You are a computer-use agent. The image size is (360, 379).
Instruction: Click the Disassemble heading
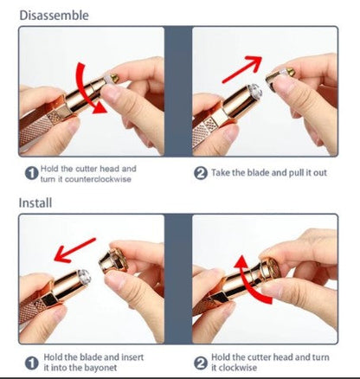(54, 16)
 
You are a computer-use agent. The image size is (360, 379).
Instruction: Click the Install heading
(35, 202)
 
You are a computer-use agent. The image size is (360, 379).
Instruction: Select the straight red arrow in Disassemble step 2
(241, 69)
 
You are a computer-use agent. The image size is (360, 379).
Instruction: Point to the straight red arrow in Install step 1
(74, 250)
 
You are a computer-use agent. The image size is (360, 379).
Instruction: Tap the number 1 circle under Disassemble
(31, 174)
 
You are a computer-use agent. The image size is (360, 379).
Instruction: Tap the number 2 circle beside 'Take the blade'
(201, 173)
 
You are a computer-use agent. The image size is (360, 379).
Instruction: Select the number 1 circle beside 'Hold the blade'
(31, 363)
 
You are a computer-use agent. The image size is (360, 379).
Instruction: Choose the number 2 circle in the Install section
(201, 363)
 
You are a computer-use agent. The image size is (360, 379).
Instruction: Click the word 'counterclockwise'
(98, 179)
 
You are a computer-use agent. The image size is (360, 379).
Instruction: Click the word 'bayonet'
(100, 368)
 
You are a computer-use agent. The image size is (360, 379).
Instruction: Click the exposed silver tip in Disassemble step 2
(255, 90)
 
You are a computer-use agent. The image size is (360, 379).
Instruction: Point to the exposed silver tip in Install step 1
(84, 276)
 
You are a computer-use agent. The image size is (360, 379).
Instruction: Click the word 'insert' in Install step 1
(132, 357)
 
